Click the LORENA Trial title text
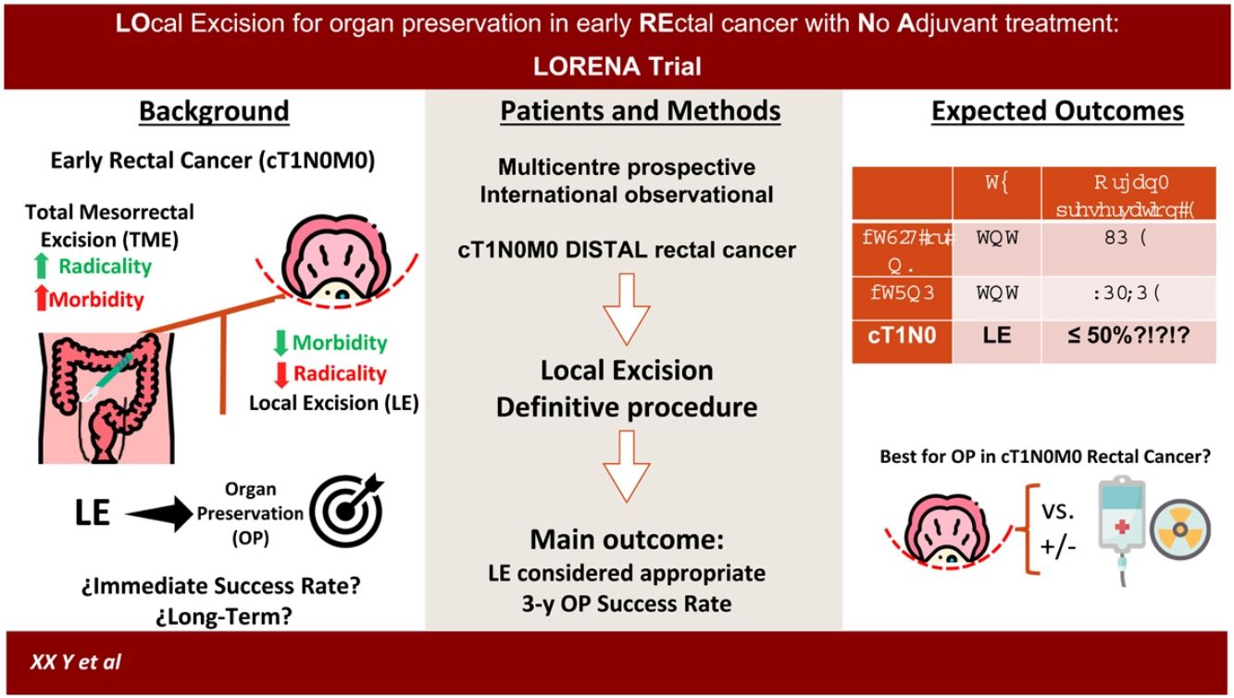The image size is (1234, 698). click(617, 66)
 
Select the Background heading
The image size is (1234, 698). click(214, 112)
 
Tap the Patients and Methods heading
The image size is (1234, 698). click(641, 112)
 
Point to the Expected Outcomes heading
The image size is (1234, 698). click(1057, 112)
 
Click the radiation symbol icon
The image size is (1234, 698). click(1180, 535)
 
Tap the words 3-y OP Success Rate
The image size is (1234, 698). click(626, 604)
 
